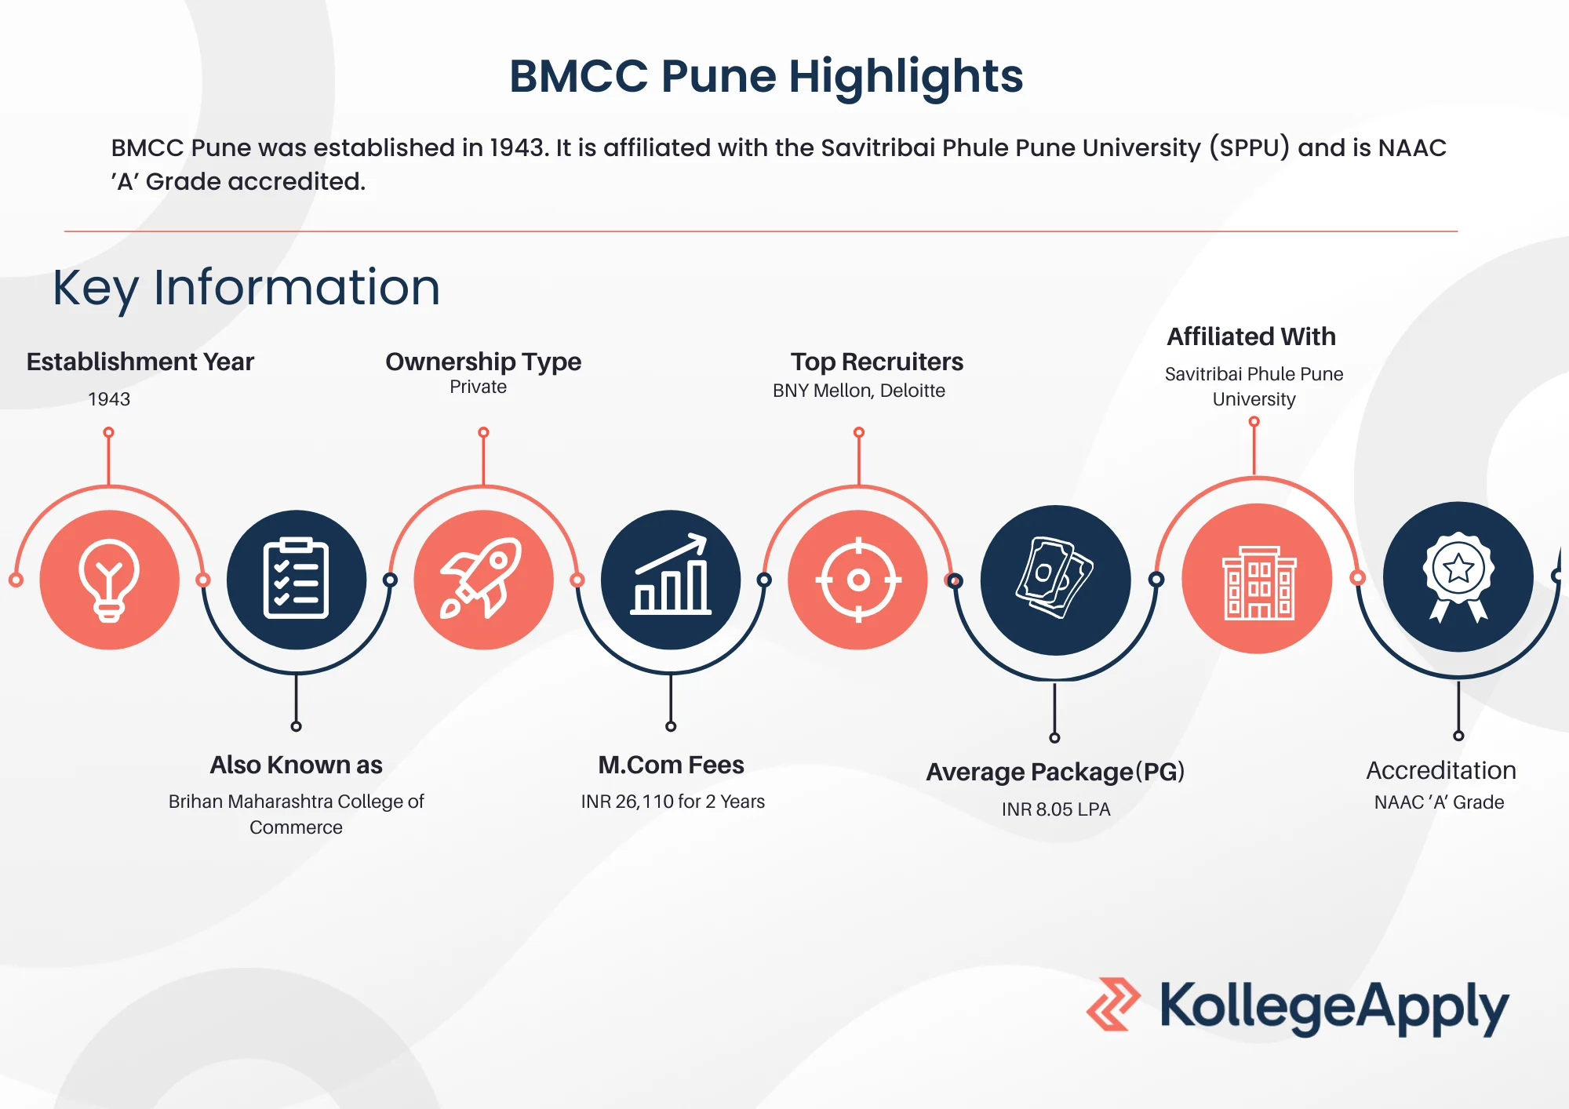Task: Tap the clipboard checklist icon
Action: pyautogui.click(x=297, y=579)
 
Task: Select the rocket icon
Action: pyautogui.click(x=481, y=578)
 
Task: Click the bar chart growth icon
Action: pyautogui.click(x=671, y=574)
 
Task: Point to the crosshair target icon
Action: pyautogui.click(x=858, y=580)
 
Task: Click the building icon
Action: pyautogui.click(x=1258, y=583)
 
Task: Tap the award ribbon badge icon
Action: pyautogui.click(x=1458, y=577)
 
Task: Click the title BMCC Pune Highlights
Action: pyautogui.click(x=766, y=76)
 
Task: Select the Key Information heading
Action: pyautogui.click(x=246, y=288)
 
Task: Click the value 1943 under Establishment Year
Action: pyautogui.click(x=109, y=399)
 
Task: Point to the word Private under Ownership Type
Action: pyautogui.click(x=478, y=387)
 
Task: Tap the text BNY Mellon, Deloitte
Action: pyautogui.click(x=859, y=391)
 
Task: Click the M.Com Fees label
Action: pyautogui.click(x=671, y=765)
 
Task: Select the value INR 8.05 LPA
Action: pyautogui.click(x=1056, y=809)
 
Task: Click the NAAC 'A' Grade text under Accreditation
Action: pyautogui.click(x=1439, y=802)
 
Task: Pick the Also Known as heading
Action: pyautogui.click(x=296, y=765)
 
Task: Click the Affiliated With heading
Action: pyautogui.click(x=1251, y=336)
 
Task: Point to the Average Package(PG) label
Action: pyautogui.click(x=1055, y=772)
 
